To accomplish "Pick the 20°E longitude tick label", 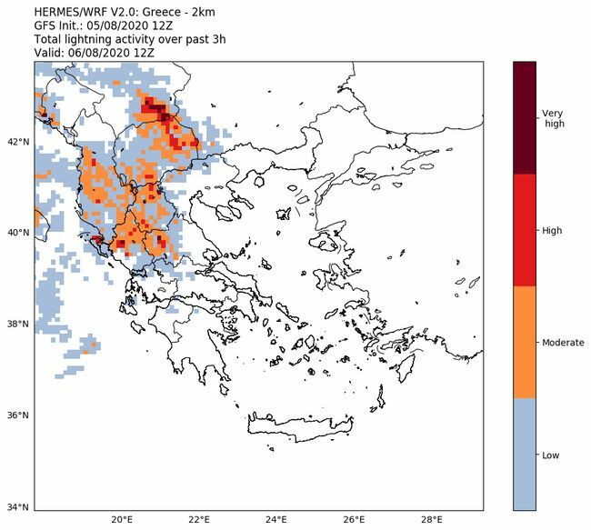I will point(122,520).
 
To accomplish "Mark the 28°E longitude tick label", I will point(433,520).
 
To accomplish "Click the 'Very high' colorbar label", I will point(553,118).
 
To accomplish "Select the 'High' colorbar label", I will point(552,230).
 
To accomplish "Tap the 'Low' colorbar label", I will point(551,455).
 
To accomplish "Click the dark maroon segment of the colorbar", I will point(525,118).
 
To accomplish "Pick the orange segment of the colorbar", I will point(525,343).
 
